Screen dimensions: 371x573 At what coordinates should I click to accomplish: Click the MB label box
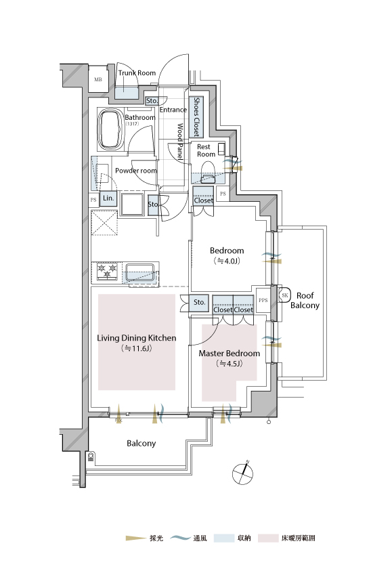click(98, 79)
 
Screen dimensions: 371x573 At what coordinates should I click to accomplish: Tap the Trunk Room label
click(137, 73)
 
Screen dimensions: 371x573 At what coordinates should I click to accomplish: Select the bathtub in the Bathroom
click(110, 129)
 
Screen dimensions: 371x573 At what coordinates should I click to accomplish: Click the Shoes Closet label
click(196, 116)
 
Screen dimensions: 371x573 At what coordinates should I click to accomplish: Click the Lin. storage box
click(108, 198)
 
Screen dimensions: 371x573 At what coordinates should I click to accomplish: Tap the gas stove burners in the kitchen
click(107, 272)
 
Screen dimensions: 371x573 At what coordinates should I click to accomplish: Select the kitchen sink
click(141, 272)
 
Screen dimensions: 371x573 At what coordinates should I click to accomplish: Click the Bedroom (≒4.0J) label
click(227, 255)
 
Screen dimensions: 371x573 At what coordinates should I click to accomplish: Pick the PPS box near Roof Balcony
click(263, 301)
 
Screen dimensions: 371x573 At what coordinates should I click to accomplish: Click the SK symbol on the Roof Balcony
click(285, 295)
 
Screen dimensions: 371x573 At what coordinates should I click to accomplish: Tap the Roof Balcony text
click(305, 301)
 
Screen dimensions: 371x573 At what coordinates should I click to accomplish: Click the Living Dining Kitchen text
click(137, 338)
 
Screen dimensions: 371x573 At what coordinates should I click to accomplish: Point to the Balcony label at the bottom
click(141, 443)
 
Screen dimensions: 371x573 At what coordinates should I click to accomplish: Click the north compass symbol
click(242, 473)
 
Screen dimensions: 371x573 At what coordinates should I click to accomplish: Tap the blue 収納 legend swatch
click(224, 538)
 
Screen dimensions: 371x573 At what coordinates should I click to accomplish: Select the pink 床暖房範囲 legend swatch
click(268, 538)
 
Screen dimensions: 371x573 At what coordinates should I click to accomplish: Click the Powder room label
click(136, 171)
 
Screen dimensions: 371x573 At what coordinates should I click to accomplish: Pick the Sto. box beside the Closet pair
click(199, 303)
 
